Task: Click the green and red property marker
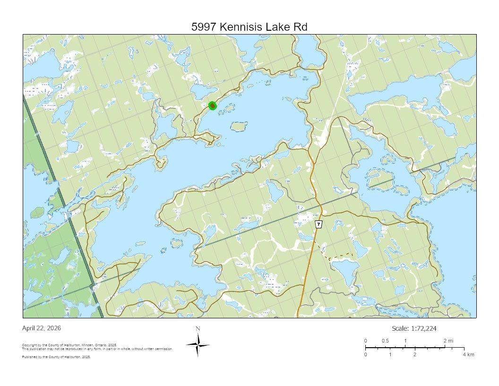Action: coord(213,105)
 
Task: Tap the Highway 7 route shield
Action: coord(319,224)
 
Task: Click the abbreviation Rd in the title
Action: coord(301,27)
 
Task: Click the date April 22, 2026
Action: coord(42,328)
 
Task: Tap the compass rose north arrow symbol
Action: coord(198,345)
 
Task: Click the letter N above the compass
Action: coord(198,329)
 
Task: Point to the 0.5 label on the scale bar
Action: coord(385,341)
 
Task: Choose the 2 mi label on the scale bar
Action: coord(448,341)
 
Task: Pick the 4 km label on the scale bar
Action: coord(468,355)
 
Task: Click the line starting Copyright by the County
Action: coord(69,345)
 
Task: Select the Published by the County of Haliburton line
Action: coord(56,357)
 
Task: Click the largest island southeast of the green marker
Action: coord(239,126)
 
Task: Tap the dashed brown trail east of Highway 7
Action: coord(338,256)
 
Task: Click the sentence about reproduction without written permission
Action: coord(97,349)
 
